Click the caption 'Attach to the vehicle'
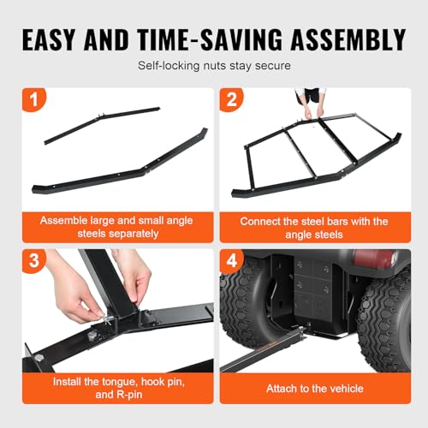[315, 389]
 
